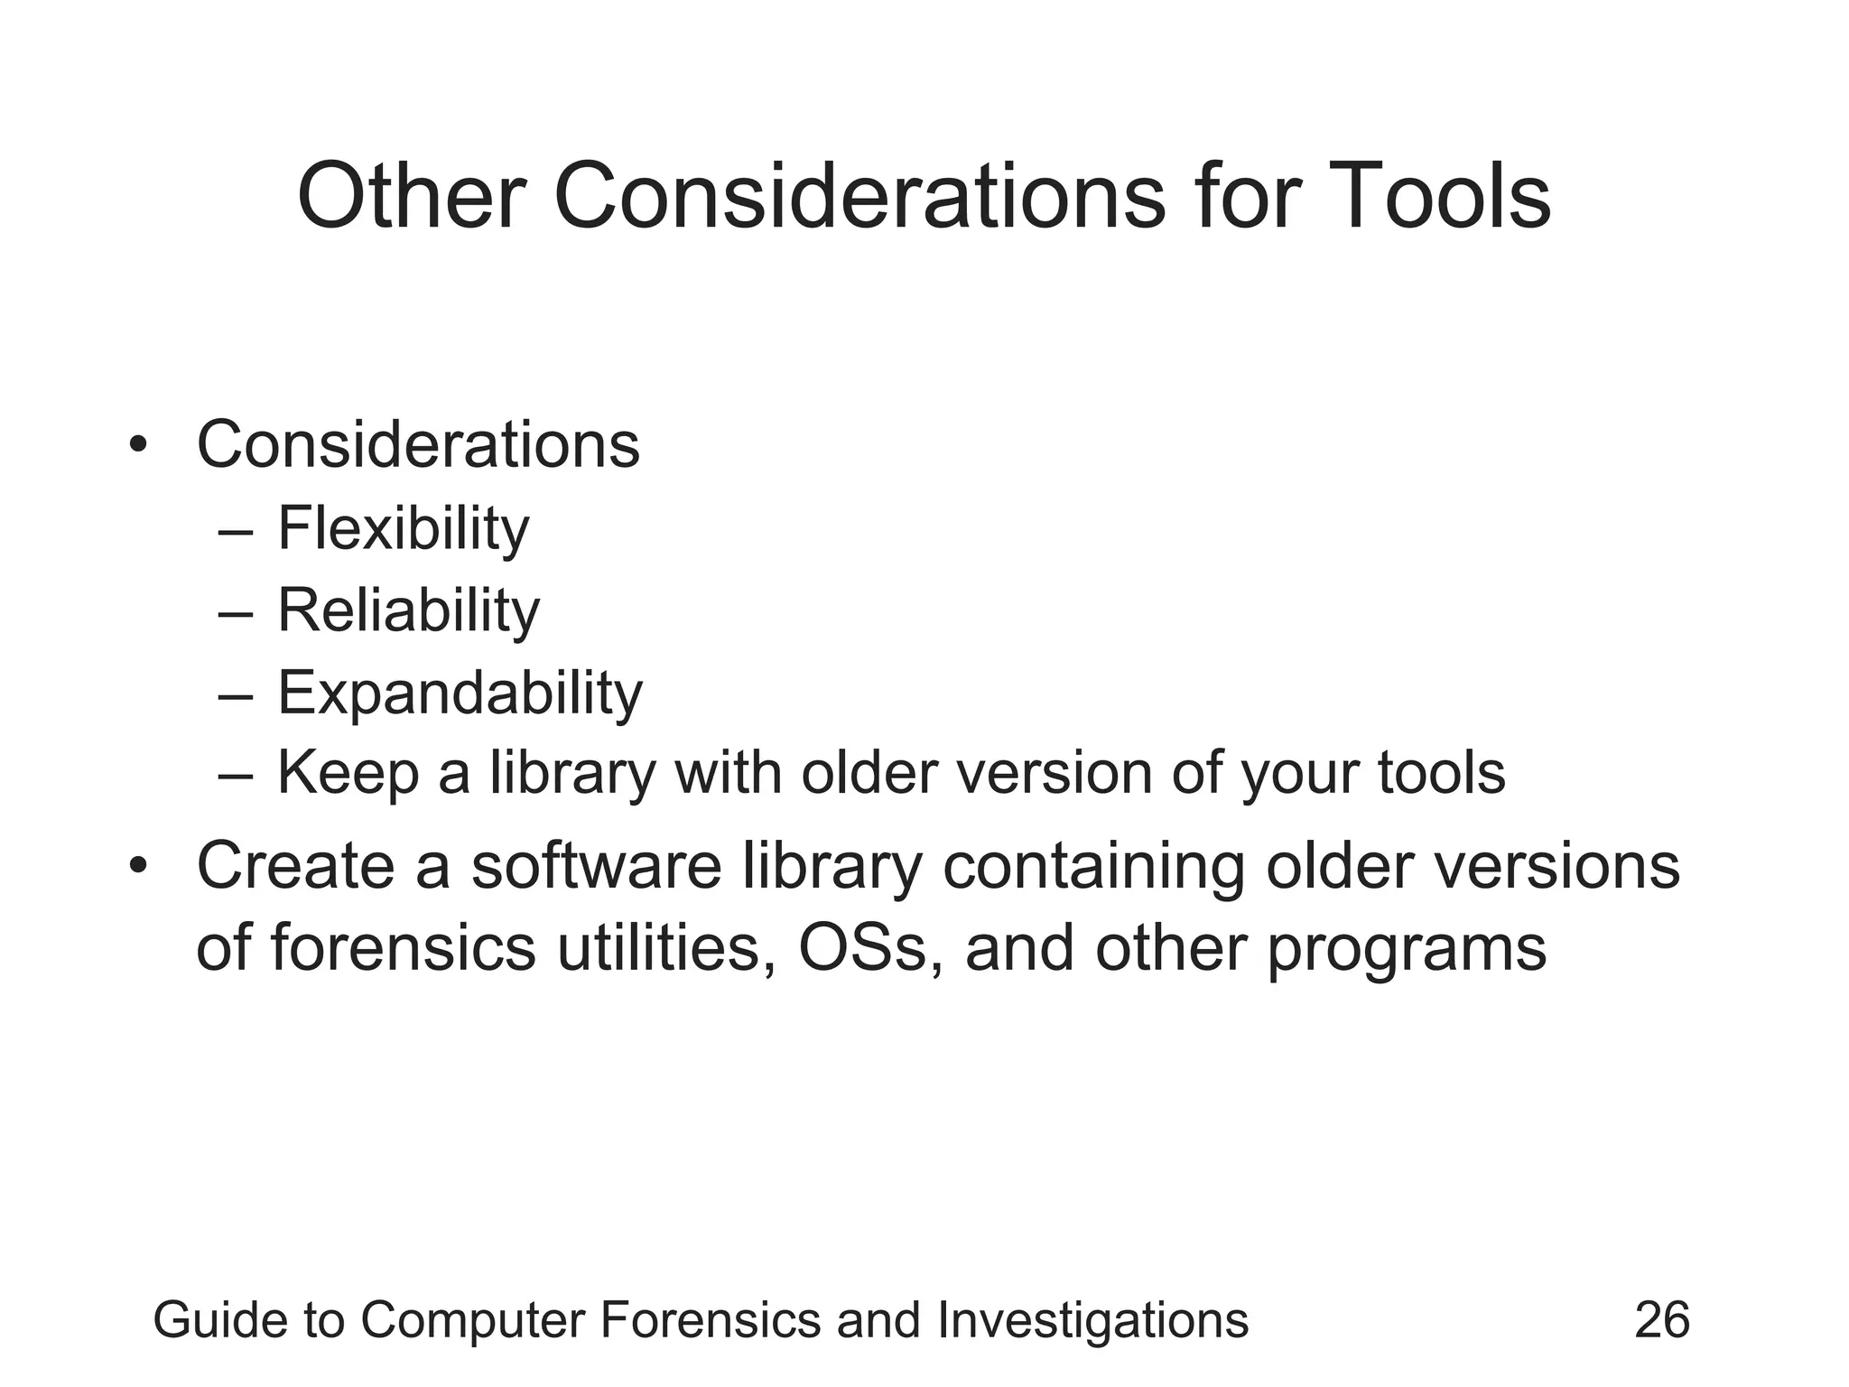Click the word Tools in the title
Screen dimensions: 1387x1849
pos(1441,197)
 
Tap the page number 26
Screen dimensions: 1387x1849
pos(1661,1320)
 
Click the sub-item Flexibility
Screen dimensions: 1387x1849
pos(403,528)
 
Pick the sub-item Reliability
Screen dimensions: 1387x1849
pos(408,610)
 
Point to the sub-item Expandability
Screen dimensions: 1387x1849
pos(460,693)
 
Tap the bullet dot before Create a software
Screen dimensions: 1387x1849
pos(137,866)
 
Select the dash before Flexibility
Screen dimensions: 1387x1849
pos(236,531)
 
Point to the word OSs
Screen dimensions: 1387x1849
pos(863,948)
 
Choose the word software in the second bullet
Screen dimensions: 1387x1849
pos(596,866)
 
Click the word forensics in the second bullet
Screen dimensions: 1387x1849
pos(403,948)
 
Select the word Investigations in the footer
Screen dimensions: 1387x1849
pos(1092,1320)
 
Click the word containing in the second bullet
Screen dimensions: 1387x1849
pos(1093,866)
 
